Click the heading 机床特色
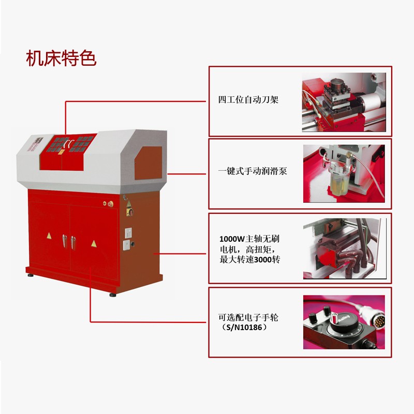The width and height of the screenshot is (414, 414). tap(61, 58)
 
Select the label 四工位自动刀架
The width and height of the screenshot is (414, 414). tap(248, 100)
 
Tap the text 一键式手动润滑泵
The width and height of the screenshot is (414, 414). tap(253, 171)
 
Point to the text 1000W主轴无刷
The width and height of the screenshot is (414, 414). tap(249, 239)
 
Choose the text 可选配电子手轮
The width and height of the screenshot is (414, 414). tap(248, 317)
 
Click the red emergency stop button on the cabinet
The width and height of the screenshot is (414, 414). tap(110, 203)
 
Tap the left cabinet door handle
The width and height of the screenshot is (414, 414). tap(64, 241)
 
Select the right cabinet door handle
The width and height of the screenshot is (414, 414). tap(73, 243)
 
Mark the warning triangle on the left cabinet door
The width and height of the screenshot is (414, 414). tap(49, 236)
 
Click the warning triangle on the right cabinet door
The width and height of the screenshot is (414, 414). tap(94, 243)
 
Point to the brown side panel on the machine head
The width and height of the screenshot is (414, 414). tap(148, 163)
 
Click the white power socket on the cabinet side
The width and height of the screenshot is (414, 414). tap(128, 233)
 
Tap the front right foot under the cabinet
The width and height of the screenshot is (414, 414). tap(113, 294)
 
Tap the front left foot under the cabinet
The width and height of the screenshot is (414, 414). tap(31, 275)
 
